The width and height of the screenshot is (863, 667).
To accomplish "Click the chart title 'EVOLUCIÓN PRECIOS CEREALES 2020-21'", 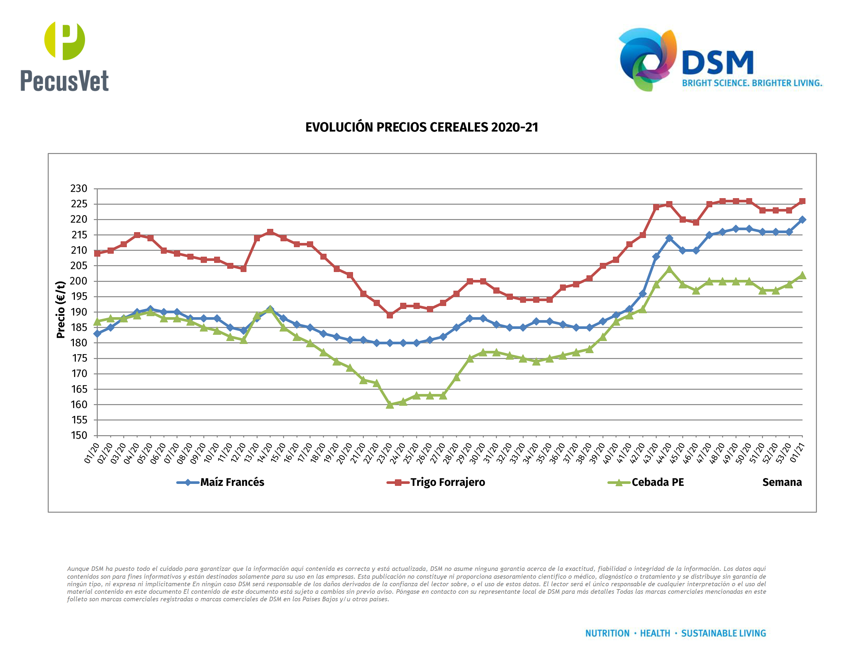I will coord(422,127).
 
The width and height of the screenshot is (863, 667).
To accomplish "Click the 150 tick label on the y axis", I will coord(79,435).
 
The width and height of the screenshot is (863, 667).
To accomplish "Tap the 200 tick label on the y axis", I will coord(79,281).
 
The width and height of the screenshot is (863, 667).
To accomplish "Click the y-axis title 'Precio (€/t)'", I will coord(60,309).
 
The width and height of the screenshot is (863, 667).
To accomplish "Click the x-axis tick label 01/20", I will coord(92,453).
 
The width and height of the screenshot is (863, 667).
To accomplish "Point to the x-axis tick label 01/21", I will coord(797,453).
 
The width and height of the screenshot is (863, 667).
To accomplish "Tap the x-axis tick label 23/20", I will coord(384,453).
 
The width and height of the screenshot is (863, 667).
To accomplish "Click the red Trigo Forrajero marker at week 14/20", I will coord(270,232).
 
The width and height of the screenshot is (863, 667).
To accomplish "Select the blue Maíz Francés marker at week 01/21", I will coord(802,220).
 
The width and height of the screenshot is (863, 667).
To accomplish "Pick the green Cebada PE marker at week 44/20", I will coord(669,269).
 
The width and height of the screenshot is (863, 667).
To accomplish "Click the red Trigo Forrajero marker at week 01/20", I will coord(97,253).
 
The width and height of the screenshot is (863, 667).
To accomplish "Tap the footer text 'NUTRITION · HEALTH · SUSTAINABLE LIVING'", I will coord(675,633).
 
